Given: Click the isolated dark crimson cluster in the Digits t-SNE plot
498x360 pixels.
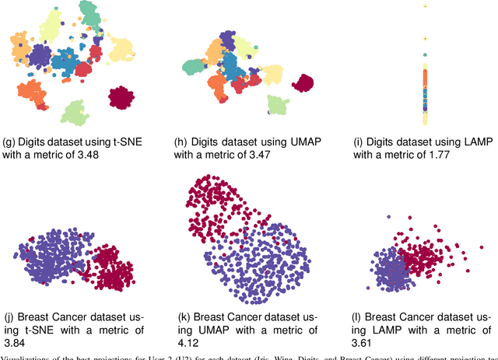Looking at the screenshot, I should tap(123, 99).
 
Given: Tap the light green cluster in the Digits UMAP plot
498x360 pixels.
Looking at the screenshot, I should tap(277, 105).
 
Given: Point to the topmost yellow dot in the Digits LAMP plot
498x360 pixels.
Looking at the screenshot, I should tap(424, 7).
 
